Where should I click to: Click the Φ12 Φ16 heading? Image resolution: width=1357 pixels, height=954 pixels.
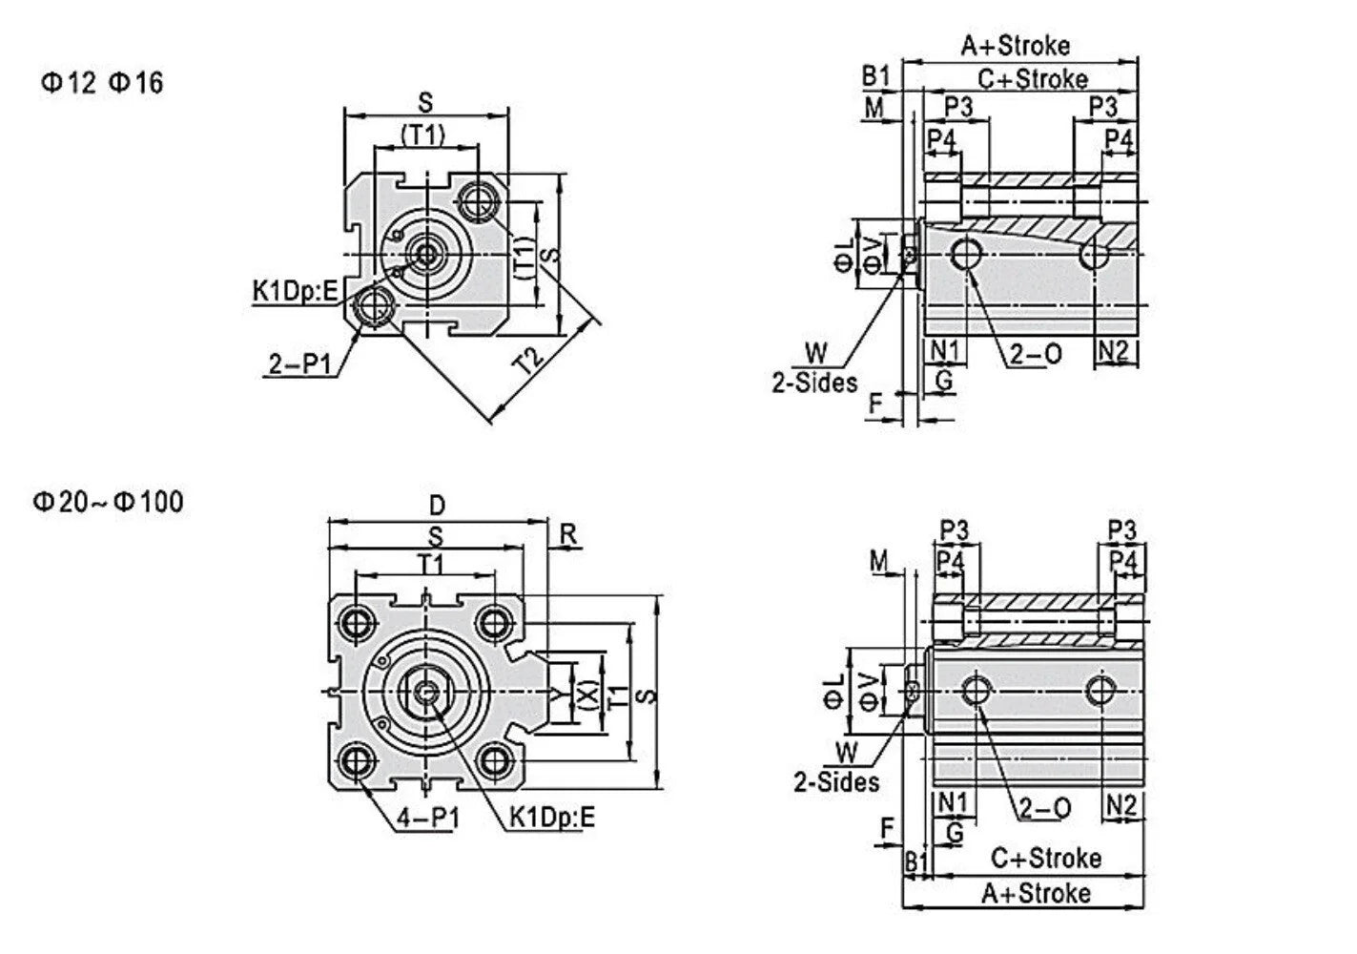pyautogui.click(x=102, y=83)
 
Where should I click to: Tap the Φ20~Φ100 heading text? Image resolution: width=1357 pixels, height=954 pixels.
pyautogui.click(x=108, y=502)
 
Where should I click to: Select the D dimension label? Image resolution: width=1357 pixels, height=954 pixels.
pyautogui.click(x=437, y=505)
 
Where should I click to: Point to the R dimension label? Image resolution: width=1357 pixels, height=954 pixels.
pyautogui.click(x=567, y=534)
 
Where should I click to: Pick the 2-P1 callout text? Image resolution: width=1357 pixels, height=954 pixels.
pyautogui.click(x=300, y=364)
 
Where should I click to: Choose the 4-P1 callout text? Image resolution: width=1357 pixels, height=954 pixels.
pyautogui.click(x=428, y=819)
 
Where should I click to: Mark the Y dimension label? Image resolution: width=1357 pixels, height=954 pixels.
pyautogui.click(x=556, y=693)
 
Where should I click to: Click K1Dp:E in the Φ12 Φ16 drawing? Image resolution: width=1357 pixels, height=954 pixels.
pyautogui.click(x=295, y=292)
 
